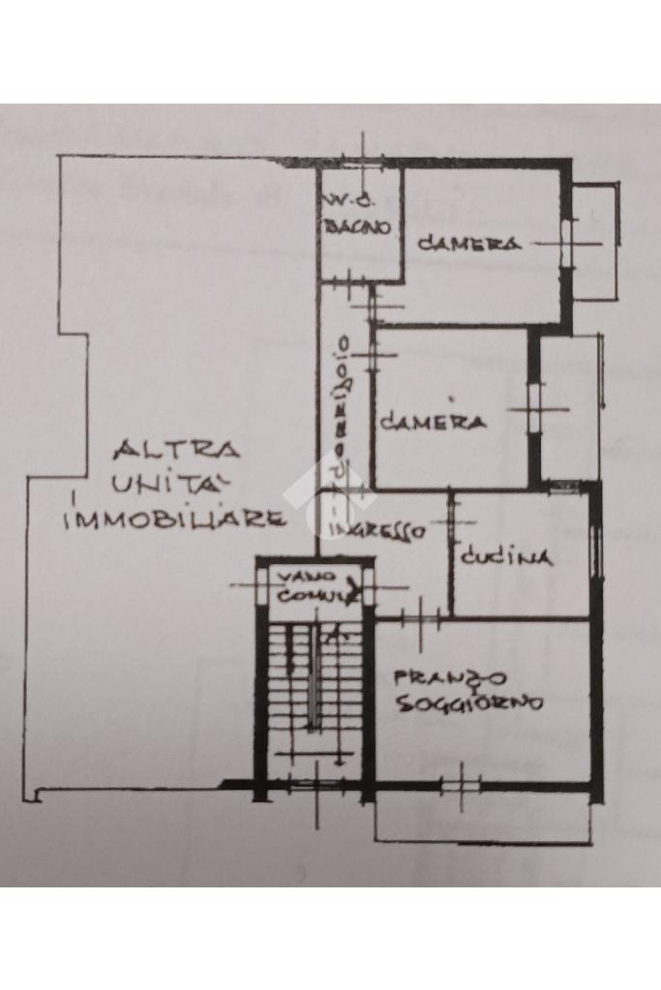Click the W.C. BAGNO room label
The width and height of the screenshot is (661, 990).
tap(356, 217)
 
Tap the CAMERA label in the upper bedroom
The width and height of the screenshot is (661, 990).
tap(469, 244)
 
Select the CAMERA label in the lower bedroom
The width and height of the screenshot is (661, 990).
tap(432, 422)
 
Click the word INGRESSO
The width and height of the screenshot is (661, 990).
tap(376, 531)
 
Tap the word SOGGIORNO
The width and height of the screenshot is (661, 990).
tap(469, 704)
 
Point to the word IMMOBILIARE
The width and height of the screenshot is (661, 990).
tap(174, 519)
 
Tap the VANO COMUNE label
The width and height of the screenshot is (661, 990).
tap(311, 586)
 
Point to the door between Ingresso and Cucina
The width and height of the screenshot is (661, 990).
tap(450, 523)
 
